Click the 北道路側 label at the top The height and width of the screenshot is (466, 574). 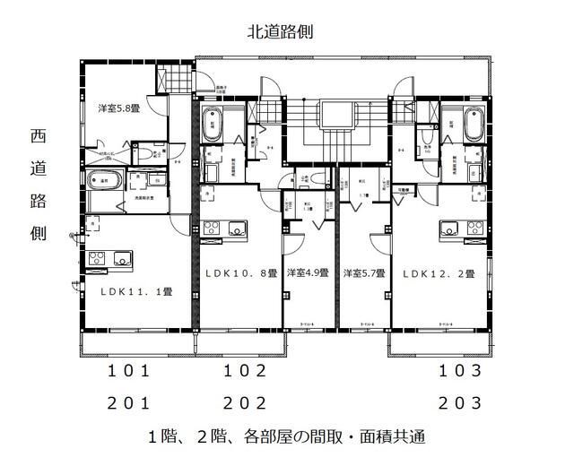coord(280,32)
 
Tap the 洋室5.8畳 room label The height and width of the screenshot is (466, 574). coord(118,108)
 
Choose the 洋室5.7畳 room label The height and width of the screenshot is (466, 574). coord(364,273)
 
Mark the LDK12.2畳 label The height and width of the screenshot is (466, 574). coord(439,273)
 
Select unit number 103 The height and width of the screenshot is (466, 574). coord(461,370)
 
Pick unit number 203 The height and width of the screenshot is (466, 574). coord(461,402)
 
